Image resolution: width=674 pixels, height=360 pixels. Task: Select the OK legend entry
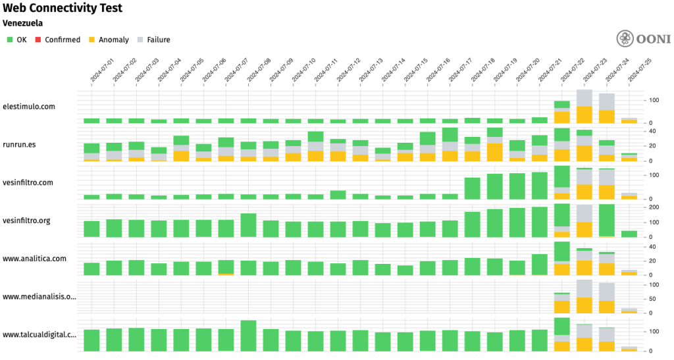pyautogui.click(x=17, y=39)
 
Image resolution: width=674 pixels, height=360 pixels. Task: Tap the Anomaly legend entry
pyautogui.click(x=109, y=39)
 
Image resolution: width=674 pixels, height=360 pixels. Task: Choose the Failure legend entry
pyautogui.click(x=153, y=39)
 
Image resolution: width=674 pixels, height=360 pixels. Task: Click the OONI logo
pyautogui.click(x=644, y=39)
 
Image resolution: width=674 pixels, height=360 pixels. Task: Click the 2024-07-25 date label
pyautogui.click(x=638, y=69)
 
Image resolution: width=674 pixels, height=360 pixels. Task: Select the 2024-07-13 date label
pyautogui.click(x=369, y=69)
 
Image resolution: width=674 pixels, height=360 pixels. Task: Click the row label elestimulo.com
pyautogui.click(x=29, y=106)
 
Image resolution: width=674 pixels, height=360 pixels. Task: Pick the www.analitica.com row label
pyautogui.click(x=35, y=259)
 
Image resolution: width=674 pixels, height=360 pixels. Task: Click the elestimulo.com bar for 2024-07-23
pyautogui.click(x=584, y=107)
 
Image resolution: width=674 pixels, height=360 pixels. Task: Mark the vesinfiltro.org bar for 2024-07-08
pyautogui.click(x=248, y=225)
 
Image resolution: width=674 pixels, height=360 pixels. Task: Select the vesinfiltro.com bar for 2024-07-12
pyautogui.click(x=338, y=195)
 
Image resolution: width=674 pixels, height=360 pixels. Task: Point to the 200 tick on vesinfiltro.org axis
pyautogui.click(x=654, y=207)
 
